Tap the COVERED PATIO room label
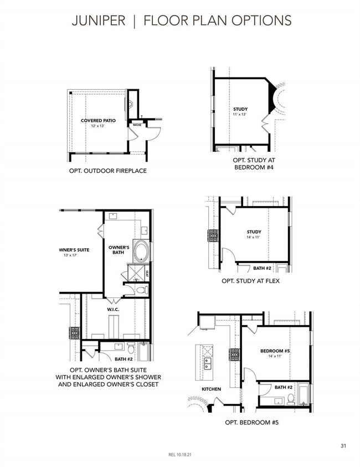[x=97, y=120]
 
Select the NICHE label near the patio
[x=137, y=125]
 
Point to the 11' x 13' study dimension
[x=240, y=115]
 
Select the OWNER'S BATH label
[x=119, y=250]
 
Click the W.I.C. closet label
[x=114, y=310]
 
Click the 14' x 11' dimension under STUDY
[x=254, y=237]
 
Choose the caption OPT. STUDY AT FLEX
[x=251, y=281]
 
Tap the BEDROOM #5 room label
[x=275, y=351]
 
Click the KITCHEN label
[x=211, y=389]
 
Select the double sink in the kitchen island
[x=209, y=364]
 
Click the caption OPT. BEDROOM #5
[x=251, y=423]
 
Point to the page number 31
[x=344, y=445]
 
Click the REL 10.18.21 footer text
[x=179, y=455]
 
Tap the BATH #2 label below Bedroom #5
[x=283, y=387]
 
